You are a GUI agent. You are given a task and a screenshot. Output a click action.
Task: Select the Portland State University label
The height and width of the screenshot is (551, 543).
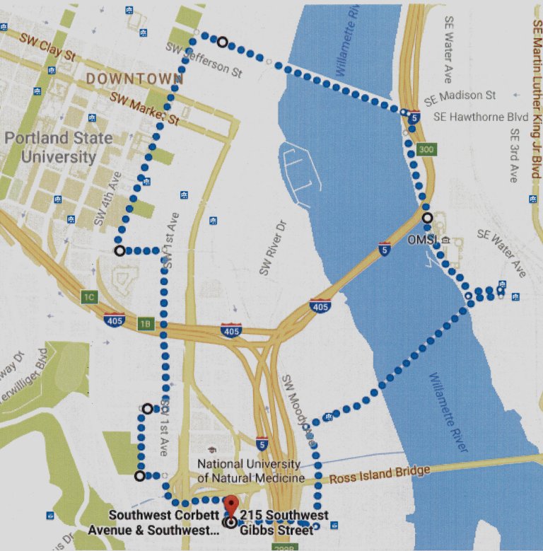click(58, 146)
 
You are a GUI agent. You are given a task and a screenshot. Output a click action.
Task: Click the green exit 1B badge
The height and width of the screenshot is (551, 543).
click(145, 324)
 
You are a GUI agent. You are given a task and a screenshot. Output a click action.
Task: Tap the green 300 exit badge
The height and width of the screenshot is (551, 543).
click(426, 150)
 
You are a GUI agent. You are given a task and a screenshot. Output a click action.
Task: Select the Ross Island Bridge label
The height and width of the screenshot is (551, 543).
click(383, 475)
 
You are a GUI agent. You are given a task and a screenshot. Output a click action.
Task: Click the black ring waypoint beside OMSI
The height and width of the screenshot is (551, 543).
click(427, 218)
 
